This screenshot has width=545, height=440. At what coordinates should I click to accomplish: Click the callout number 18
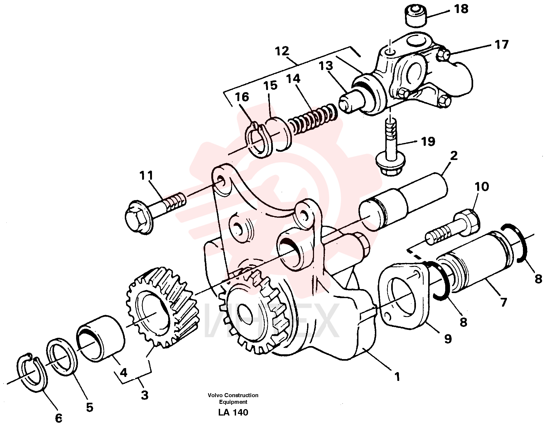(x=461, y=9)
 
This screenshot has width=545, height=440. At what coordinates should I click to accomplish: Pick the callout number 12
(x=282, y=51)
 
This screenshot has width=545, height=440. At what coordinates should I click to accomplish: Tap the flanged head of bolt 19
(x=390, y=165)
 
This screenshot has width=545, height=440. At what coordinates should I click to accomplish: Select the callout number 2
(x=454, y=156)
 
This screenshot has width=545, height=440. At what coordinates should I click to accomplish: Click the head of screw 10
(x=468, y=220)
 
